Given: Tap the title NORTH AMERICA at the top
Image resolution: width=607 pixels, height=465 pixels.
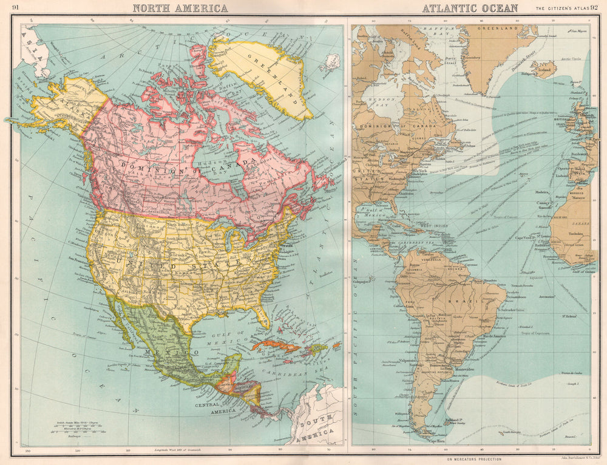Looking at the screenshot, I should point(180,8).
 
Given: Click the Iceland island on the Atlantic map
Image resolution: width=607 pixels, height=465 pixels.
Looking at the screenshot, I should point(543,69).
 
